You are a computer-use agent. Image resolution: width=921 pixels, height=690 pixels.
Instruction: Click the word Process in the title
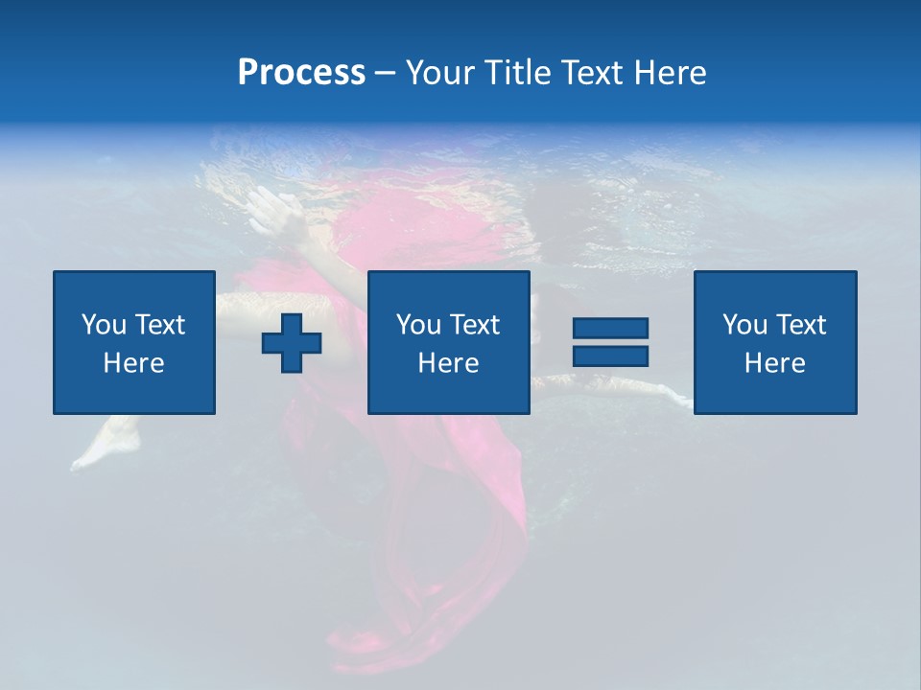click(301, 73)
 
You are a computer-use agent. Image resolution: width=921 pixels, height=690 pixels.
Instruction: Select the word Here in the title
click(669, 73)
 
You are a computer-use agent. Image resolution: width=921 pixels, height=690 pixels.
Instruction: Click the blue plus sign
click(292, 343)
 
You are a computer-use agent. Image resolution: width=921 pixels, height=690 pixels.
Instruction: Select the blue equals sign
click(610, 342)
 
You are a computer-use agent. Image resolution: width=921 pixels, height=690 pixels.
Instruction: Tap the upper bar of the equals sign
click(610, 329)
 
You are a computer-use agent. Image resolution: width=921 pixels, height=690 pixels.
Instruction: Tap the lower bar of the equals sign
click(610, 356)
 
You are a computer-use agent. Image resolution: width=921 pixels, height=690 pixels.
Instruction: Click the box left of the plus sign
click(134, 342)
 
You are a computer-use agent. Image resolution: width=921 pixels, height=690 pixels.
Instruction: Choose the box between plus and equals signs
click(448, 342)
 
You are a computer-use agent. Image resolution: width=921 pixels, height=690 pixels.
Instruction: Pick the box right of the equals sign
click(775, 342)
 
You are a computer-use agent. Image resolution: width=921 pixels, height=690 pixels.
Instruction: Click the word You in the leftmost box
click(104, 325)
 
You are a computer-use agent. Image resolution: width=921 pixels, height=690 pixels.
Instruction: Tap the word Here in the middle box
click(448, 363)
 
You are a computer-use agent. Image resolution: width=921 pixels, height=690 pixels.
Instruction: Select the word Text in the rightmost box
click(800, 325)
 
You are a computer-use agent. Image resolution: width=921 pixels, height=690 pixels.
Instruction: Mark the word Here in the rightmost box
click(774, 363)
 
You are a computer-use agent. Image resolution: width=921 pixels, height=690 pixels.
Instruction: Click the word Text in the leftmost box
click(159, 325)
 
